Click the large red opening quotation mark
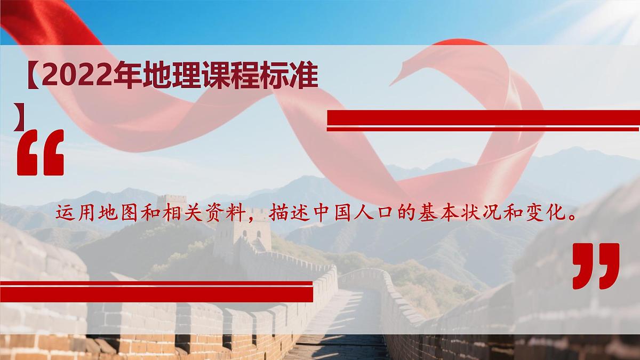pos(41,153)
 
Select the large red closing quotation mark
pos(596,266)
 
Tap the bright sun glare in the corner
pos(624,13)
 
